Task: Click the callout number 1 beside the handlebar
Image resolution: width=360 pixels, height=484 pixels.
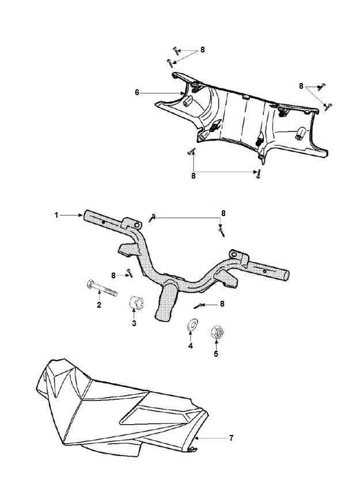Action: point(56,215)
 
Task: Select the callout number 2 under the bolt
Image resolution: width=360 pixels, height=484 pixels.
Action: point(99,305)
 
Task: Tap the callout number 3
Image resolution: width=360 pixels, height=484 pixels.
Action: point(134,323)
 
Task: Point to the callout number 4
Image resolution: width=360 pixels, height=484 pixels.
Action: point(191,346)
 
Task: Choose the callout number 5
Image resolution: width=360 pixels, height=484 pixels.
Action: point(216,354)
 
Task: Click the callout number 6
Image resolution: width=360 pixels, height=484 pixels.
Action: point(137,92)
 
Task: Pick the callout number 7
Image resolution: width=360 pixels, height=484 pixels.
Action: point(232,438)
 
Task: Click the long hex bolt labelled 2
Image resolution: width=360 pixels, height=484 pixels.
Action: point(102,288)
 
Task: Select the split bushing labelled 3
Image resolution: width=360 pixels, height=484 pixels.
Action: point(137,302)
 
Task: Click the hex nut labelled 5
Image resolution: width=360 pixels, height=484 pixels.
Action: point(217,332)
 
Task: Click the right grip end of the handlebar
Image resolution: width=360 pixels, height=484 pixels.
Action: point(286,275)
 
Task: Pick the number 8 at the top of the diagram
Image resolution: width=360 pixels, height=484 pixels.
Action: point(202,50)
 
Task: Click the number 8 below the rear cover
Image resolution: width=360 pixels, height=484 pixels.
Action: point(194,176)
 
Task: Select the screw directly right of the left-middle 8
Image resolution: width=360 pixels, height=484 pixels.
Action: point(130,273)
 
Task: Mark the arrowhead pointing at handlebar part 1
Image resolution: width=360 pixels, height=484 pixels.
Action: point(80,215)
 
